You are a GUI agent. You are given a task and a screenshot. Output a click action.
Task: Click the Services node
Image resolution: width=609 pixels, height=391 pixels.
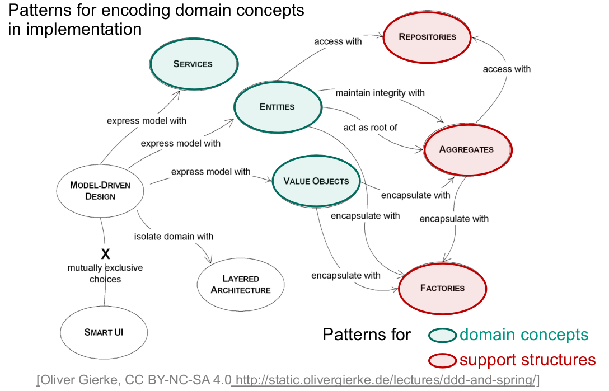click(x=193, y=64)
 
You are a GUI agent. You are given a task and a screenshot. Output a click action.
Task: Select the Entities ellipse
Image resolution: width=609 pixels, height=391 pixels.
click(x=277, y=107)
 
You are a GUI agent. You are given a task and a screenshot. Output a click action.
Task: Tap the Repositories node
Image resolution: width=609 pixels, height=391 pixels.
click(x=427, y=37)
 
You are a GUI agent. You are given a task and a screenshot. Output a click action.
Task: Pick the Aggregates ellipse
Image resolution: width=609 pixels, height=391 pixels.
click(x=466, y=149)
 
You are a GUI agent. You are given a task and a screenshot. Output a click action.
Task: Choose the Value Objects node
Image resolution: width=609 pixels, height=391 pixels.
click(x=316, y=181)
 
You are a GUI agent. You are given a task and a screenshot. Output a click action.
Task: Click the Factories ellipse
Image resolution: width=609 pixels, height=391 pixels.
click(x=442, y=288)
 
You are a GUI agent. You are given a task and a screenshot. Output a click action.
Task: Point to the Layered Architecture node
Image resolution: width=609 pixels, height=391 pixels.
click(x=241, y=284)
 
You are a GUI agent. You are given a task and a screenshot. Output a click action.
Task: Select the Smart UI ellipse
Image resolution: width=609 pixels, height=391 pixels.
click(x=104, y=332)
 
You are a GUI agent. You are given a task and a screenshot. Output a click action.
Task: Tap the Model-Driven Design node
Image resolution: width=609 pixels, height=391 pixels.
click(x=101, y=190)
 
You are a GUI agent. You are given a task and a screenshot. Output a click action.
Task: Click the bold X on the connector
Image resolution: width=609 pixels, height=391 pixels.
click(x=105, y=252)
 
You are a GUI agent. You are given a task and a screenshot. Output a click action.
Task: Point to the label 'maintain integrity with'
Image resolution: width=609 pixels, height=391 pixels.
click(x=380, y=93)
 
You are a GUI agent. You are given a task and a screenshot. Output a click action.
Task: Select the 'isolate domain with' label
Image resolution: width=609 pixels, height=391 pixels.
click(x=174, y=237)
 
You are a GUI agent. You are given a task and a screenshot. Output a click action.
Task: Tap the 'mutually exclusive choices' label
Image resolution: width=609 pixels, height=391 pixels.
click(x=105, y=273)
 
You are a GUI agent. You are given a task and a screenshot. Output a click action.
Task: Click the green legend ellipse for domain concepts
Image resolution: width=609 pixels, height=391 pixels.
click(x=442, y=336)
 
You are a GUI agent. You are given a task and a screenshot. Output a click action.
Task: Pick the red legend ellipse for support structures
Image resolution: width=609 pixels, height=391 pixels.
click(x=442, y=360)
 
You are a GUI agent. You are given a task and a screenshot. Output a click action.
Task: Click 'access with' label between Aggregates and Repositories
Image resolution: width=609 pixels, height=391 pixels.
click(x=507, y=69)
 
